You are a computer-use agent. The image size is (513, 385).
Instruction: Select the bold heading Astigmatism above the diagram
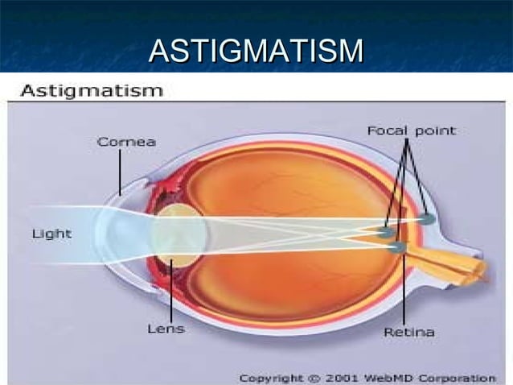pos(91,90)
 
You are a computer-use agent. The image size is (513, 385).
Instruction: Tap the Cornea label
pos(126,142)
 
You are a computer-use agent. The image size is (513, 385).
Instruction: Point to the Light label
pos(51,234)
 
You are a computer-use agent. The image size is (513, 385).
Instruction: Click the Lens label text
pos(166,329)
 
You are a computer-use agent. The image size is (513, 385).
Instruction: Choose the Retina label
pos(409,332)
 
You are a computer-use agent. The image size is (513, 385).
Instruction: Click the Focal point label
pos(411,130)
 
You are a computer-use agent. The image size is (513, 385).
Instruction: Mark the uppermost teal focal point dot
pos(426,218)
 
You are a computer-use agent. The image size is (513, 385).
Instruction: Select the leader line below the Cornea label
pos(121,172)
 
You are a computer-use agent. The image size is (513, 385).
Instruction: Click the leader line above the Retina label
pos(402,290)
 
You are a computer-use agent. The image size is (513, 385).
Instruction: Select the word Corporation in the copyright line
pos(465,377)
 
